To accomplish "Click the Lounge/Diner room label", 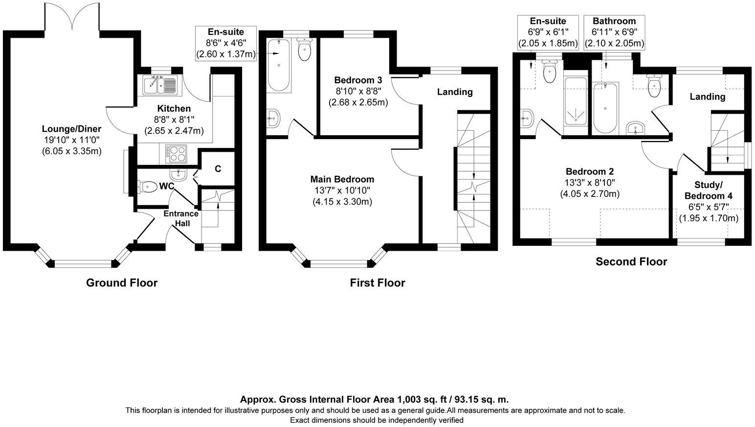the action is (71, 129).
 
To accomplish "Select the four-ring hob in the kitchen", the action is (176, 154).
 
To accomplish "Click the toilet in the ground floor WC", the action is (147, 187).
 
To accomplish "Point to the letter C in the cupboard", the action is (218, 169).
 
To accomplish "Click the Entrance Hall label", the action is (181, 218).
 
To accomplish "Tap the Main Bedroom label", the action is (342, 179).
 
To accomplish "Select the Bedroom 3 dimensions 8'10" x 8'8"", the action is (358, 91).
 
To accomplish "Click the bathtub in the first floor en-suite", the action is (279, 65).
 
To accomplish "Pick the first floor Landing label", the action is (455, 92).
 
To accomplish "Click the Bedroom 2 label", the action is (590, 171).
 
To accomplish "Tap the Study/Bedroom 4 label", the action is (708, 190).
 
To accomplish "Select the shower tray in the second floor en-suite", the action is (576, 101).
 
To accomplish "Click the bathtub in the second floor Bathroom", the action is (606, 108).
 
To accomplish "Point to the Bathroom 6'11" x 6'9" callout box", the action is (615, 33).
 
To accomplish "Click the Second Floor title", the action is (631, 261).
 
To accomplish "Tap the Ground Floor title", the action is (122, 283).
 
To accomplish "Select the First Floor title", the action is (377, 283).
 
